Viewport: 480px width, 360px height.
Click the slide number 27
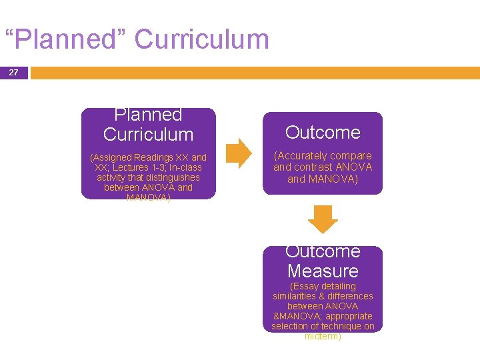pos(13,72)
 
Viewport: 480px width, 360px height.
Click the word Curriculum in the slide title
pos(201,39)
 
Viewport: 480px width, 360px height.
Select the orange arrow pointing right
pos(239,153)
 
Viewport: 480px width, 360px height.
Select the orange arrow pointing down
pos(323,219)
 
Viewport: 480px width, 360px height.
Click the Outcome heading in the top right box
pos(323,133)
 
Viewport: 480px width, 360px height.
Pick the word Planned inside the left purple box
pos(148,115)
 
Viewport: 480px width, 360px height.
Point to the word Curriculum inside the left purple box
pos(148,134)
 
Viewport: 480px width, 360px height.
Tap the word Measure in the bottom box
pos(323,271)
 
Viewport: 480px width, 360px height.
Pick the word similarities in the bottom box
pos(297,296)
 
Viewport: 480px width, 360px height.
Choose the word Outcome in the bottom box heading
pos(323,251)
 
